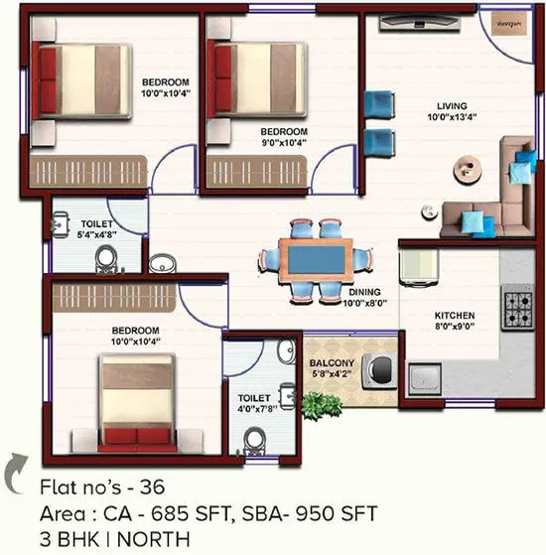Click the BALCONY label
pyautogui.click(x=331, y=364)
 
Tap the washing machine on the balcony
pyautogui.click(x=378, y=370)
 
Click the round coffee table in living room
pyautogui.click(x=463, y=165)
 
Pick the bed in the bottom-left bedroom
pyautogui.click(x=139, y=400)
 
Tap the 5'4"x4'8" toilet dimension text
pyautogui.click(x=95, y=235)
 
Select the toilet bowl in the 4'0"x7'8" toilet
pyautogui.click(x=256, y=440)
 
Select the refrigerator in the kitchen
pyautogui.click(x=419, y=268)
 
